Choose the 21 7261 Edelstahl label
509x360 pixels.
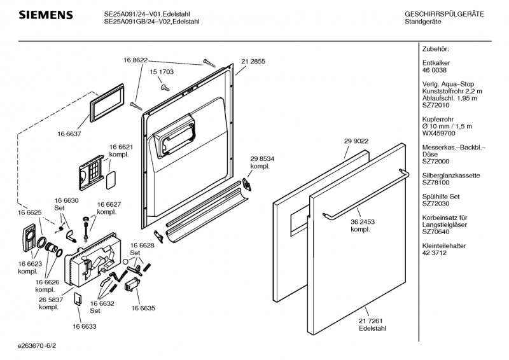click(x=372, y=324)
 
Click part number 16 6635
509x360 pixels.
click(x=143, y=308)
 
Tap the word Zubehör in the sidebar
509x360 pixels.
click(x=436, y=49)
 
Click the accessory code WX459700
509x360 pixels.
click(x=439, y=134)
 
